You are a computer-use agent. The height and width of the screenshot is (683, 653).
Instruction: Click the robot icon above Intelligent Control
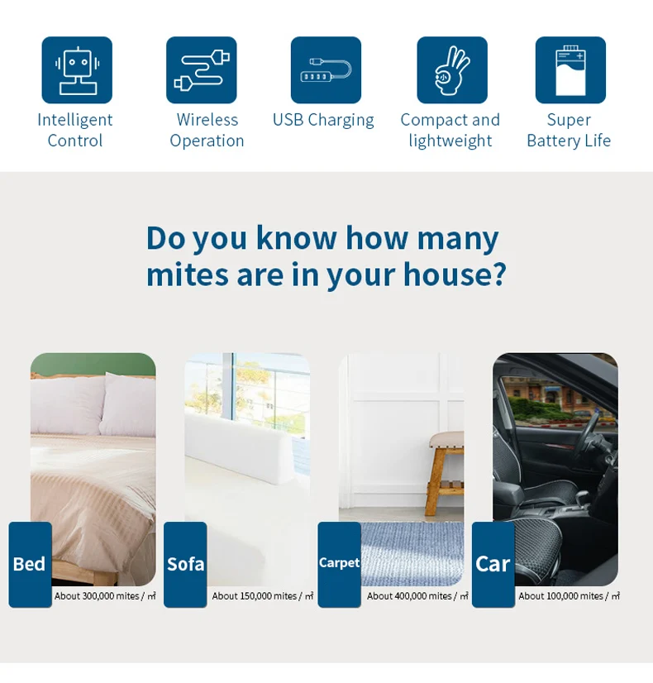tap(77, 70)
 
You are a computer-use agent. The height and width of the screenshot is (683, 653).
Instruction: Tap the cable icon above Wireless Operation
tap(202, 70)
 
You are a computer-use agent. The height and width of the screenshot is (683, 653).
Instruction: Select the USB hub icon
tap(326, 70)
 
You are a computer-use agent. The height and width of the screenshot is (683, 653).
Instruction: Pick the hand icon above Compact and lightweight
tap(452, 70)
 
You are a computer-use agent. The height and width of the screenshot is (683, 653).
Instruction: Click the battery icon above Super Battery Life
tap(570, 70)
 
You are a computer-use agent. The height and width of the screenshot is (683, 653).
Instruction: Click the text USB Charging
tap(323, 120)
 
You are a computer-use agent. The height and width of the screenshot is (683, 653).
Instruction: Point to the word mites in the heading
tap(188, 275)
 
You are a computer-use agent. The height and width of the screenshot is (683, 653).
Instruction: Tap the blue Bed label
tap(30, 565)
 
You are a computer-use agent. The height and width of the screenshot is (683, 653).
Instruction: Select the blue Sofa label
tap(185, 565)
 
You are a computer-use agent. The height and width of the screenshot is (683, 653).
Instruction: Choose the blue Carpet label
tap(340, 565)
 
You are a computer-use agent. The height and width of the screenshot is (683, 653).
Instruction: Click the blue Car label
tap(493, 565)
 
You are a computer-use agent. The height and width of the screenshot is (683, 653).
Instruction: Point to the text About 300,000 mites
tap(97, 596)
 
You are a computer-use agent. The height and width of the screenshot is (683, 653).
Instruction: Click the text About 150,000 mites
tap(255, 596)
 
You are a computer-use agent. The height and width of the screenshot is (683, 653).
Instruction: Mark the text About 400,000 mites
tap(409, 596)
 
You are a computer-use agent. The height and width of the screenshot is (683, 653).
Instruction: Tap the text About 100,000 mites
tap(560, 596)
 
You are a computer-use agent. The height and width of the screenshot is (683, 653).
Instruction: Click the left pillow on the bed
tap(68, 405)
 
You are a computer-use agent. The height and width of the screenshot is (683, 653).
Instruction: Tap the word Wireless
tap(207, 120)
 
